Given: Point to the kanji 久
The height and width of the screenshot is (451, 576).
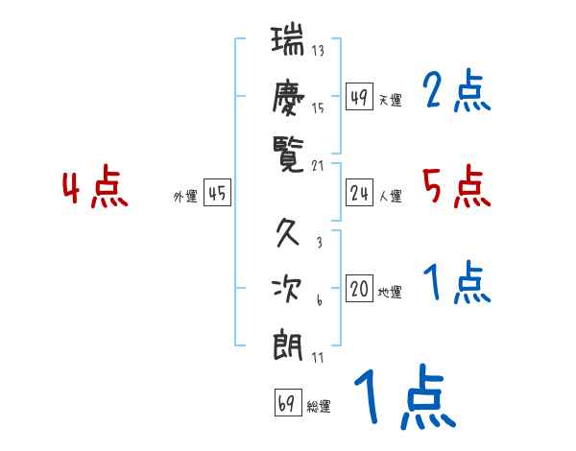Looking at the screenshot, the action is tap(288, 233).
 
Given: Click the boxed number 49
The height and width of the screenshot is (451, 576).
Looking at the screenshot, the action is tap(359, 98).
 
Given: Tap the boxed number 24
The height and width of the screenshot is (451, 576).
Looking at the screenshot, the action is tap(359, 194).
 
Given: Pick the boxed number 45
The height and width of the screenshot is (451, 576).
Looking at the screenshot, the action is tap(217, 194).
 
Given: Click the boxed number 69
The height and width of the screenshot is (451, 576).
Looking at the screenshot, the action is tap(287, 404).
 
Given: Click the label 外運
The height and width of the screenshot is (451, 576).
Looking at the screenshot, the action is tap(185, 197).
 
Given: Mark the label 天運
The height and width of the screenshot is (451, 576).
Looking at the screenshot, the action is tap(390, 101).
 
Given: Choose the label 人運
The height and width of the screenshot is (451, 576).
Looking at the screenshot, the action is tap(390, 197).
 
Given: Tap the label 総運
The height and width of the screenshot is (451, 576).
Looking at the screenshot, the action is tap(319, 407).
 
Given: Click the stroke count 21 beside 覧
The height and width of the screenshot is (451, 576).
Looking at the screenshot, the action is tap(320, 164).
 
